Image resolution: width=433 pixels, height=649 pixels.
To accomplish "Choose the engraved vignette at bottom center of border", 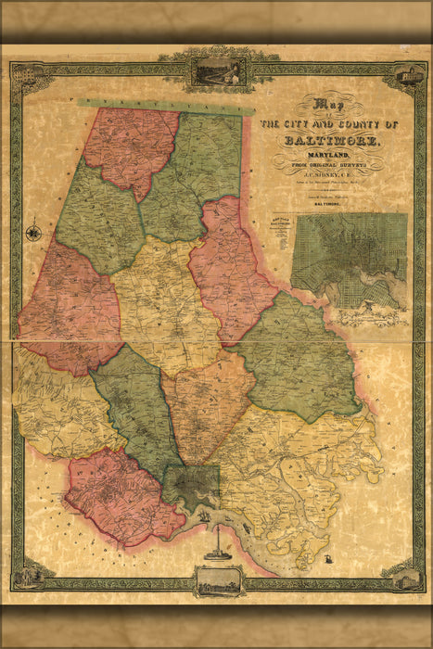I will coord(217,580).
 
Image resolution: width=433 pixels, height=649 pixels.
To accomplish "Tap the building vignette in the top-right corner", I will coord(407,75).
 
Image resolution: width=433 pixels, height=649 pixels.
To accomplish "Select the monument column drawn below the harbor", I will coord(216,540).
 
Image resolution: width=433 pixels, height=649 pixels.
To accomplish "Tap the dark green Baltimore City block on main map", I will coord(193,484).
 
